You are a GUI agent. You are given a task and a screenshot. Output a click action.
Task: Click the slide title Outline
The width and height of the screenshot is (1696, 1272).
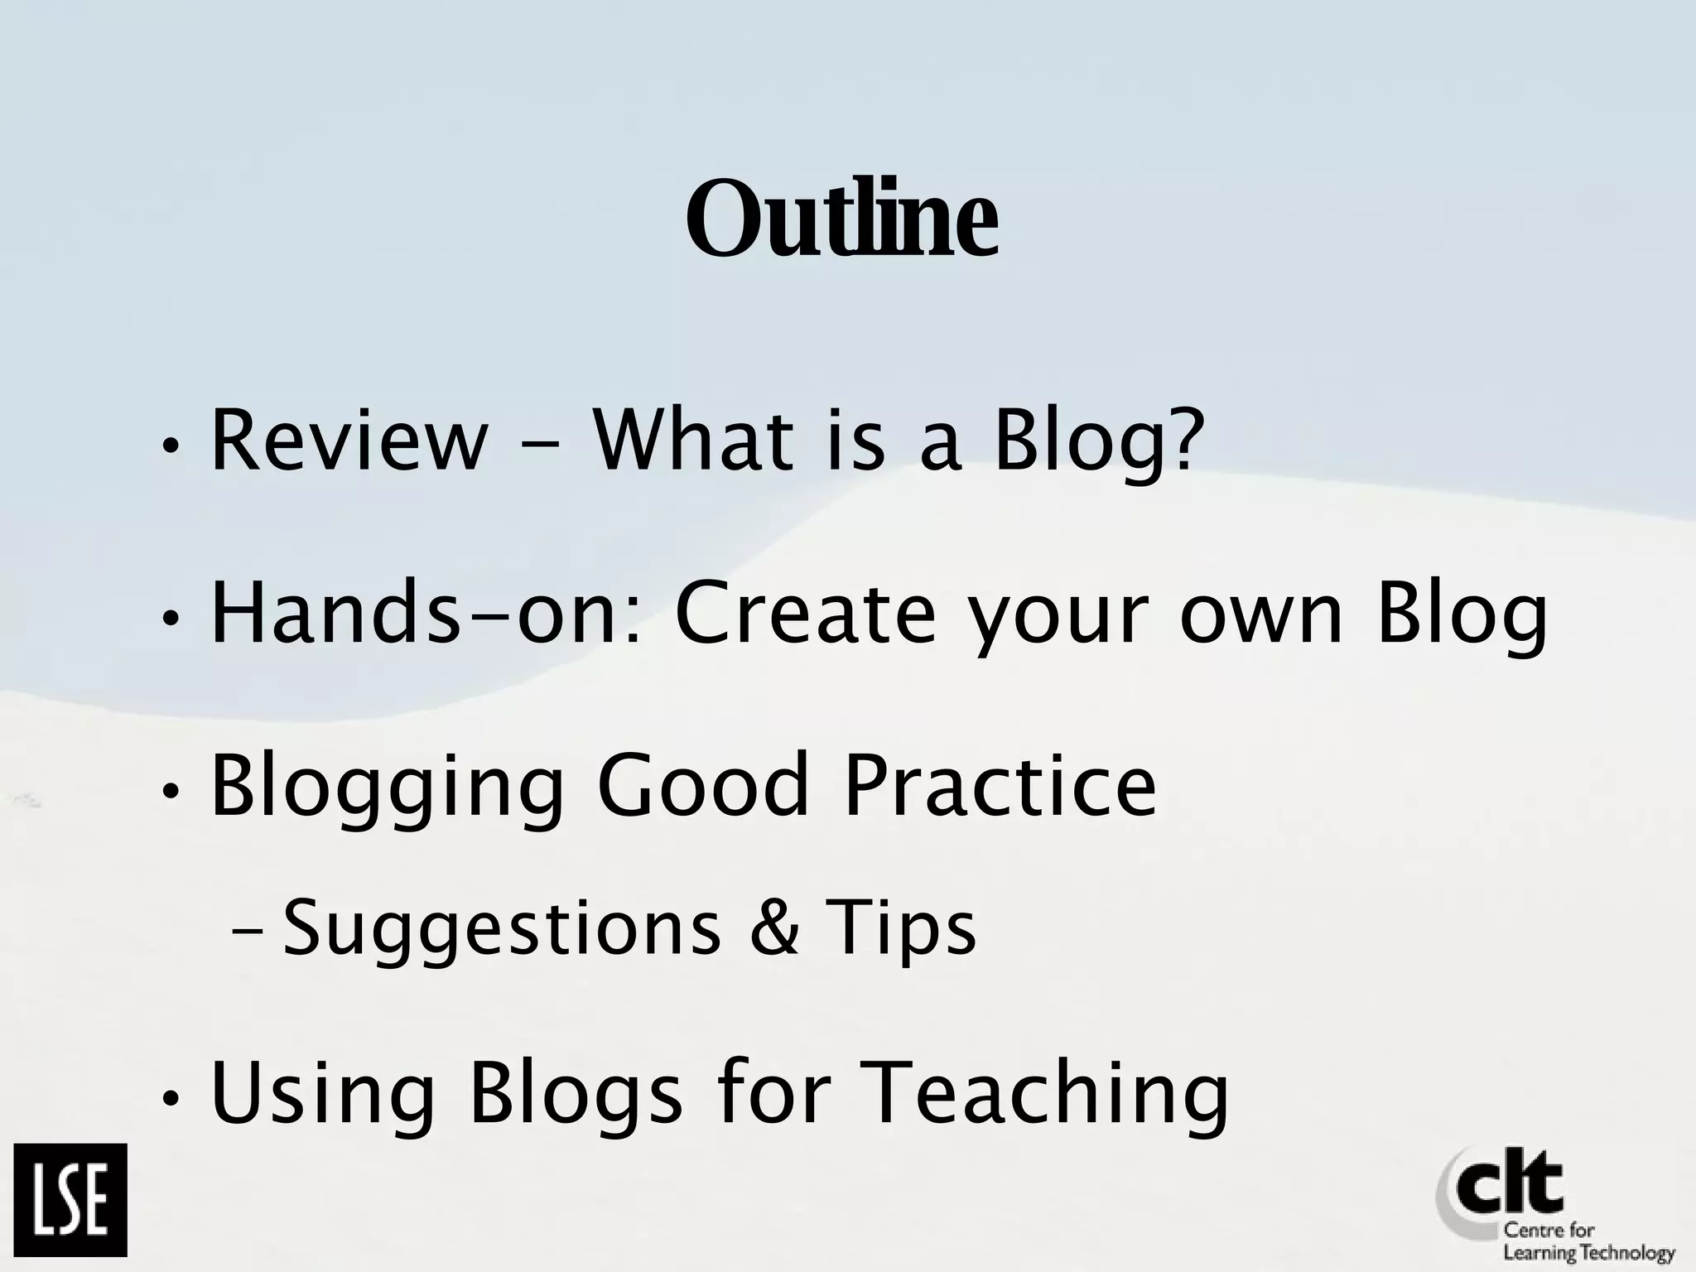coord(841,218)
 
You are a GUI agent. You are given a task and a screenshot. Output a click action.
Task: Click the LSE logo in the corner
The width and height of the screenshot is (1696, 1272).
coord(70,1200)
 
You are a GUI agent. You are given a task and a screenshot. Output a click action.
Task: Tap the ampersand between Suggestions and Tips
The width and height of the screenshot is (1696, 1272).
coord(774,927)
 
